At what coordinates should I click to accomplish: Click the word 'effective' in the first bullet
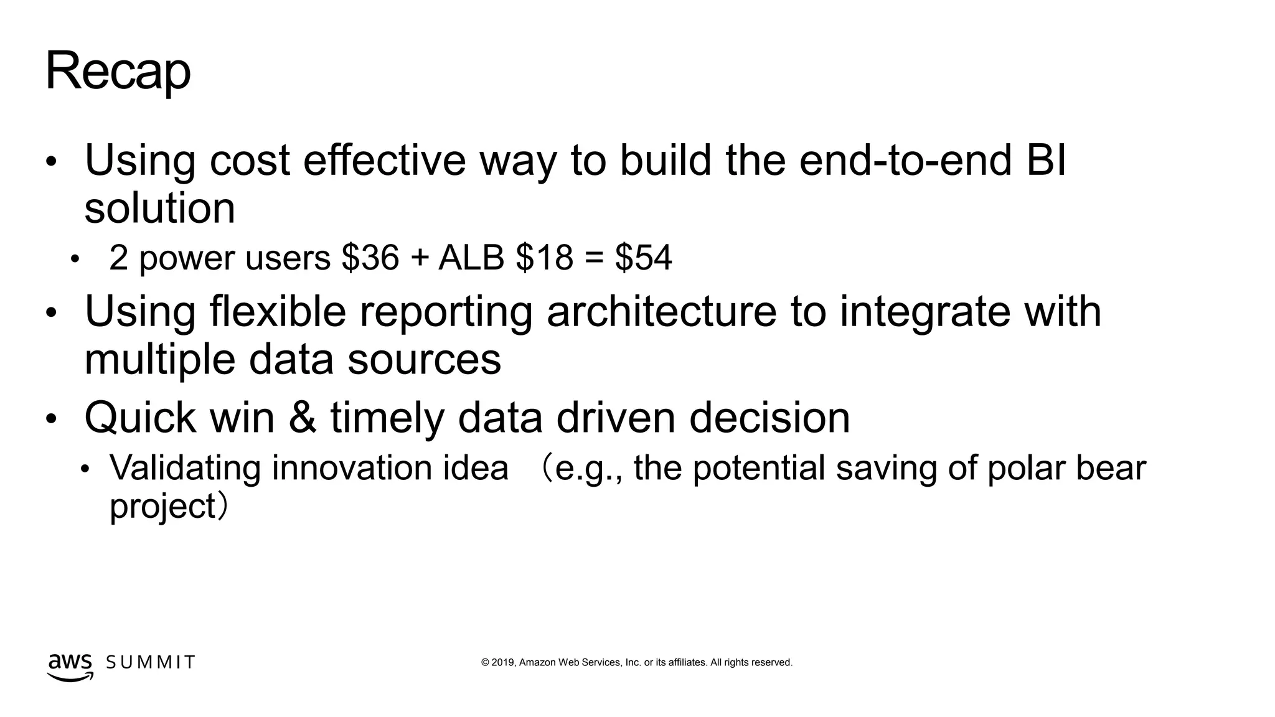(x=384, y=161)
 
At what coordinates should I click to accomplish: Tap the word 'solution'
(x=159, y=209)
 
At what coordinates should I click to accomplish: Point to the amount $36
(x=370, y=258)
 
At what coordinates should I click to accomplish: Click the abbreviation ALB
(x=471, y=258)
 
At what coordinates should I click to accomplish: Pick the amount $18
(x=544, y=258)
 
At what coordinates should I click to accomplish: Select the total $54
(x=643, y=258)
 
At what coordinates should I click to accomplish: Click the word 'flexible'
(x=278, y=312)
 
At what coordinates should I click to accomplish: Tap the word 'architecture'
(x=662, y=312)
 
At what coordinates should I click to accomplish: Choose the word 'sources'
(x=423, y=360)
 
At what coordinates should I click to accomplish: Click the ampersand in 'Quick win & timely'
(x=302, y=418)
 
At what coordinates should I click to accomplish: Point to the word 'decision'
(x=769, y=418)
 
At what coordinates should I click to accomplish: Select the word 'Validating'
(x=185, y=468)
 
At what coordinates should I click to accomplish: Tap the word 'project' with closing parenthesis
(x=168, y=506)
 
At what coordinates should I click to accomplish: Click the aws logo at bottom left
(x=70, y=667)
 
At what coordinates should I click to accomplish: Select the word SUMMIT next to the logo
(x=151, y=662)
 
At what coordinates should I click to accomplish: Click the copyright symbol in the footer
(x=485, y=663)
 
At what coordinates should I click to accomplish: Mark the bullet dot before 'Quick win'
(x=51, y=419)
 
